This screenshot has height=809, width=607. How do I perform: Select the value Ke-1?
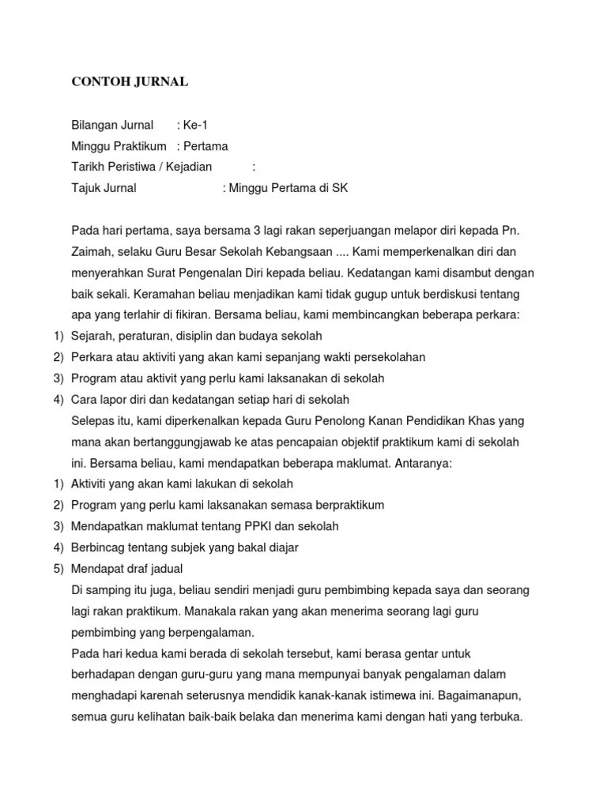click(x=197, y=125)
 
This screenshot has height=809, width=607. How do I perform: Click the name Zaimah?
click(x=92, y=251)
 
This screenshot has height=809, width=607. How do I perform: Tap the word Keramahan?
click(x=164, y=294)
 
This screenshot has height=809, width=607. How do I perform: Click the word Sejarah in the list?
click(x=92, y=337)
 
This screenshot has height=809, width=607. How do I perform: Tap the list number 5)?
click(x=58, y=568)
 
